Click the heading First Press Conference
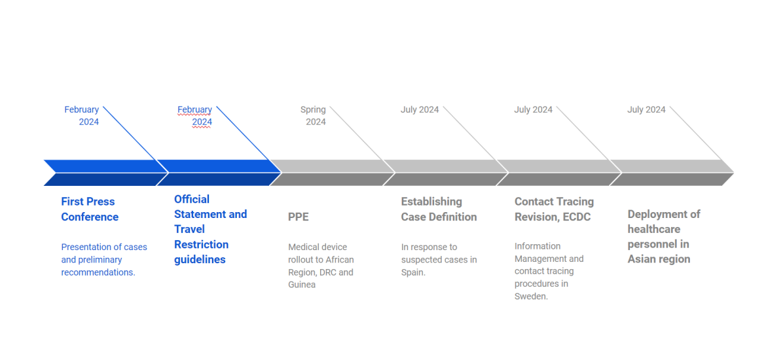pyautogui.click(x=90, y=209)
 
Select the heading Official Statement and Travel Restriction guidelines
pyautogui.click(x=211, y=229)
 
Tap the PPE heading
pyautogui.click(x=298, y=217)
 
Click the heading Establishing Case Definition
pyautogui.click(x=439, y=209)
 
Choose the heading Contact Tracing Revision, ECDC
pyautogui.click(x=554, y=209)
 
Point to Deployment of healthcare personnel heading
pyautogui.click(x=664, y=236)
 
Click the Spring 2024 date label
pyautogui.click(x=313, y=116)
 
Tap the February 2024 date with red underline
pyautogui.click(x=194, y=116)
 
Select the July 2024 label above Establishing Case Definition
pyautogui.click(x=420, y=110)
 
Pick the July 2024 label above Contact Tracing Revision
pyautogui.click(x=533, y=110)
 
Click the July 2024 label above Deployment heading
pyautogui.click(x=646, y=110)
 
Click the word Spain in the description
pyautogui.click(x=413, y=272)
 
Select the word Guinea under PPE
pyautogui.click(x=301, y=284)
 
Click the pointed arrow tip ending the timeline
pyautogui.click(x=733, y=172)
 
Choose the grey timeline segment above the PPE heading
pyautogui.click(x=332, y=172)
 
